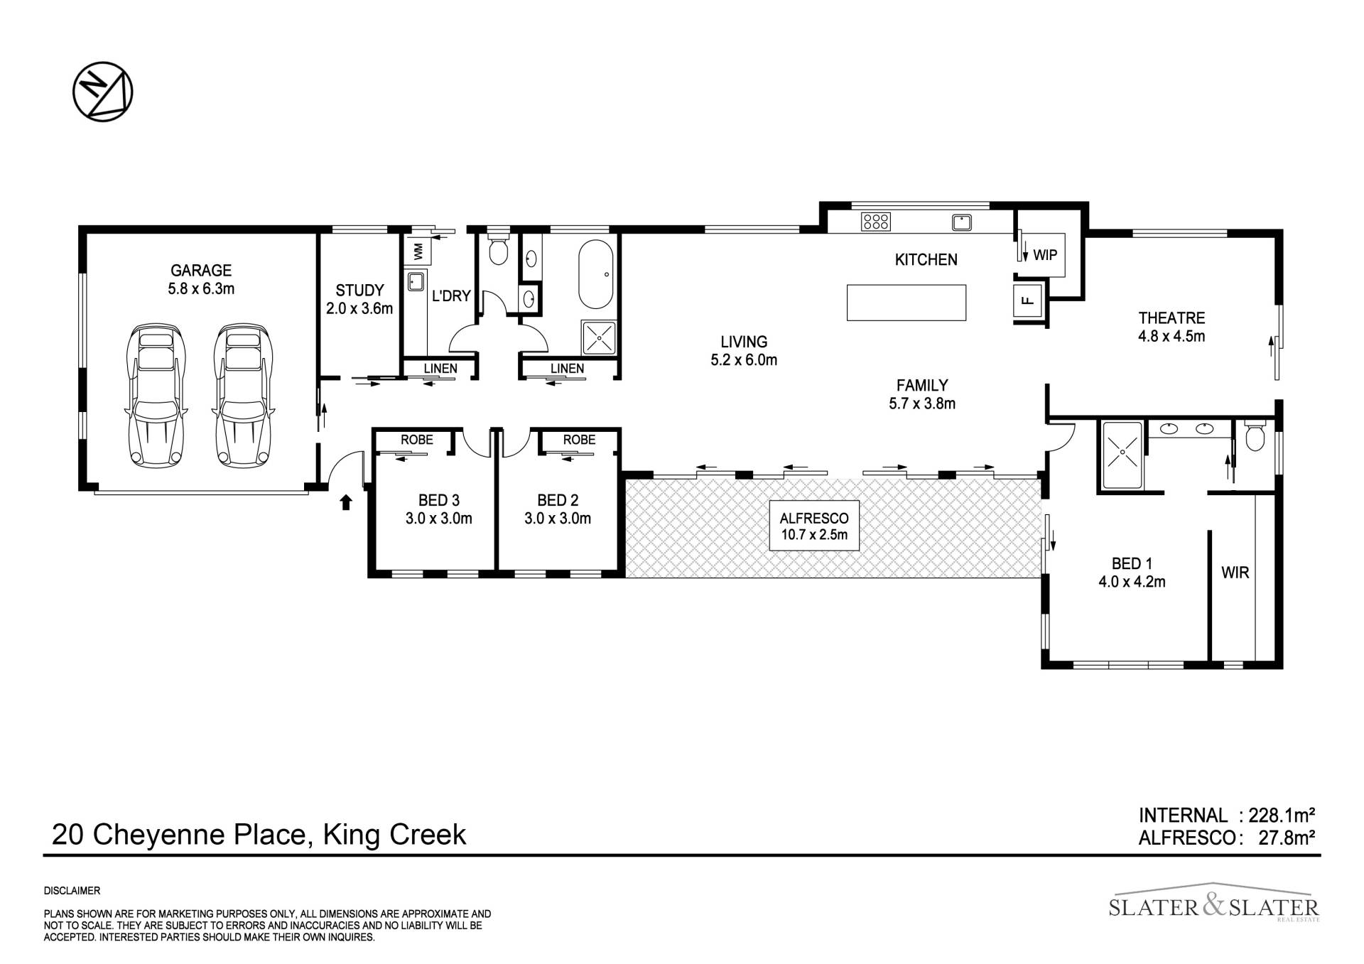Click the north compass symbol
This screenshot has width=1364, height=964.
pos(103,92)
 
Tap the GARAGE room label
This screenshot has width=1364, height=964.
pos(201,270)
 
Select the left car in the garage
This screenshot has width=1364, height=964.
pos(156,396)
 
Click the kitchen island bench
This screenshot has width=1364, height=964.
pos(906,303)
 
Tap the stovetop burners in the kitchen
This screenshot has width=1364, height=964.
pos(875,222)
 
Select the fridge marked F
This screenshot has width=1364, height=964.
pos(1027,299)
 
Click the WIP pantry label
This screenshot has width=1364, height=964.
pos(1045,254)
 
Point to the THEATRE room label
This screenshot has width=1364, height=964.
pos(1171,318)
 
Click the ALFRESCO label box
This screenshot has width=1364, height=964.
pos(814,525)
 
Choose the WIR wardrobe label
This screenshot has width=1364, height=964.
pos(1235,572)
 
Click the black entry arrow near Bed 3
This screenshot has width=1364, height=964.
pos(346,502)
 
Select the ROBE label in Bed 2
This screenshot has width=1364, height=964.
pos(579,440)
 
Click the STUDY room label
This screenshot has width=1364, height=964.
pos(359,290)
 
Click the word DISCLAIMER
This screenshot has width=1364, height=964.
pos(72,891)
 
